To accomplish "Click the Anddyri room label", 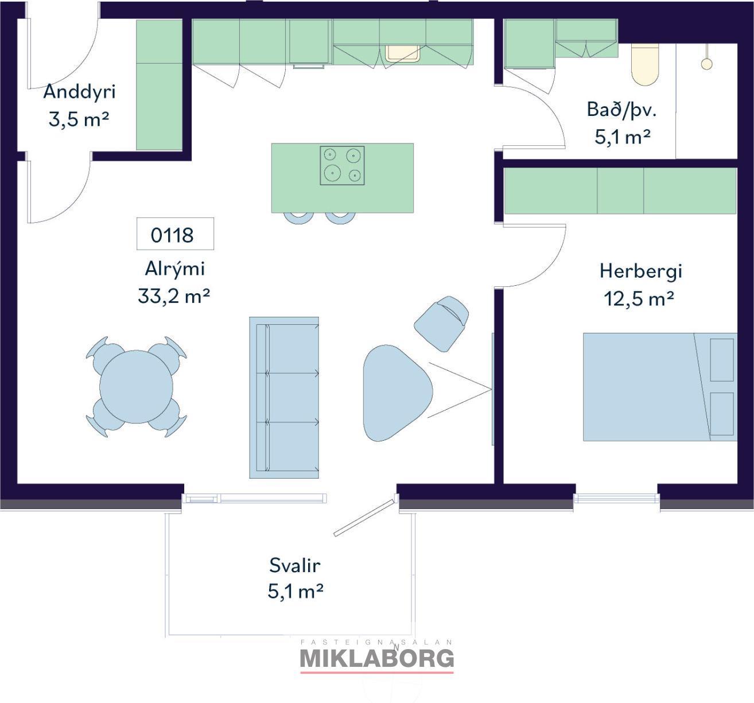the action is point(79,92).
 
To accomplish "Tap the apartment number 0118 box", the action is point(175,234).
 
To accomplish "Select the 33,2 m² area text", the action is point(174,296).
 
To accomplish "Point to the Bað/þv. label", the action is point(621,110).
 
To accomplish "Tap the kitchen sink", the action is point(403,53).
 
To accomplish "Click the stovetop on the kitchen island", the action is point(342,166).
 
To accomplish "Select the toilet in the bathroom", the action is point(644,65).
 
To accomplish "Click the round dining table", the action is point(137,387).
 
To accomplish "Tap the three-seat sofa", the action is point(284,398).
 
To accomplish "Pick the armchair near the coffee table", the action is point(442,323).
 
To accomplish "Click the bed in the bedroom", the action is point(660,387).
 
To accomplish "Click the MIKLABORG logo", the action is point(377,658).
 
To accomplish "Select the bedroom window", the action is point(616,498).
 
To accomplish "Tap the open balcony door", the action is point(364,518).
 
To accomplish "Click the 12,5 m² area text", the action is point(639,299).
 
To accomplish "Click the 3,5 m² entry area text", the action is point(79,119).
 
